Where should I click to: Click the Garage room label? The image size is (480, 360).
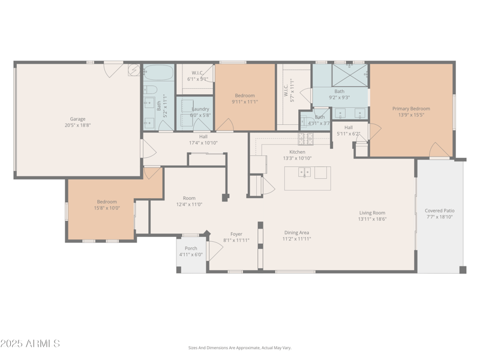click(x=77, y=119)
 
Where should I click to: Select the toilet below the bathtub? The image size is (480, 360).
click(x=151, y=91)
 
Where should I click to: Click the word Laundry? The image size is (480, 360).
click(x=200, y=109)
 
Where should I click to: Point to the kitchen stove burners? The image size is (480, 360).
click(x=305, y=139)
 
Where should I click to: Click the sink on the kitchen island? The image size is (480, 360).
click(x=305, y=173)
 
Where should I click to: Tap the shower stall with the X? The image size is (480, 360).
click(x=350, y=75)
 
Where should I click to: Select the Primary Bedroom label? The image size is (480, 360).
click(x=411, y=109)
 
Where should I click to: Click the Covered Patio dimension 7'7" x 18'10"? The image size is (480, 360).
click(x=439, y=217)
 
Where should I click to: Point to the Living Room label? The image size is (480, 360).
click(x=372, y=212)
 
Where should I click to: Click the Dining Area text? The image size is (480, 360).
click(x=296, y=232)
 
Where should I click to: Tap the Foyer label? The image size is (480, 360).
click(x=236, y=234)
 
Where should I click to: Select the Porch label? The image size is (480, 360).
click(x=191, y=248)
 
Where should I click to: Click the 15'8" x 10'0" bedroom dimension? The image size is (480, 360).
click(x=107, y=208)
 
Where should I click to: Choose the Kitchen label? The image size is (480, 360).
click(x=297, y=152)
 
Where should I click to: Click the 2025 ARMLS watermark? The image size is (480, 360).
click(x=30, y=344)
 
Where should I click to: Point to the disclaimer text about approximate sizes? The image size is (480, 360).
click(x=239, y=347)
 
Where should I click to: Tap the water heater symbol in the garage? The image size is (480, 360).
click(x=134, y=71)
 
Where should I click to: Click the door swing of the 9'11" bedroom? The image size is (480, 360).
click(x=225, y=125)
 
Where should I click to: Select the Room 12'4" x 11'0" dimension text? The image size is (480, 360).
click(x=189, y=204)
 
